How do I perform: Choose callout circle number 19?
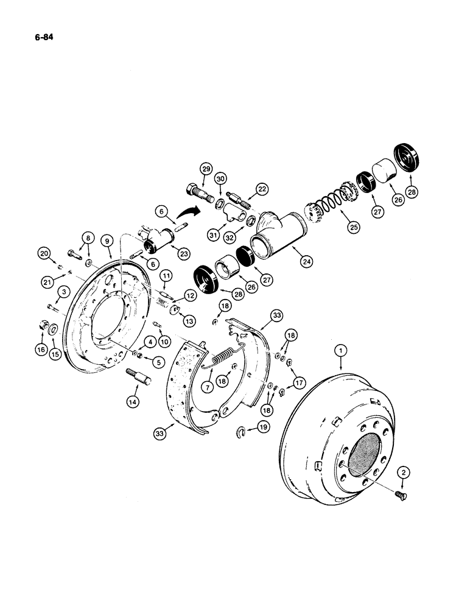262,428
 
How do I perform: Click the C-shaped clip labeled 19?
242,434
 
